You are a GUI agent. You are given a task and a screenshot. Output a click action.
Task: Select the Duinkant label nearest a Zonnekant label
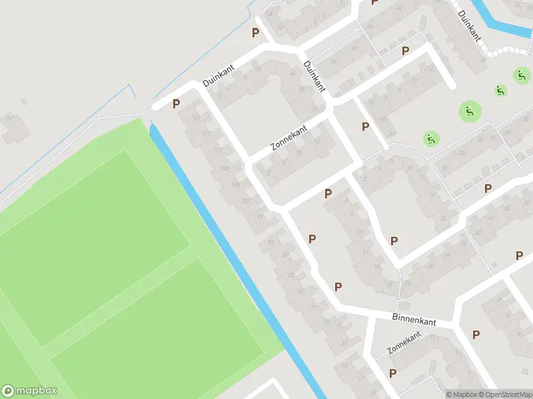click(314, 76)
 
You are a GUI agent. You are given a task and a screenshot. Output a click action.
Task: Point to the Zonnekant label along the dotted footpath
click(404, 344)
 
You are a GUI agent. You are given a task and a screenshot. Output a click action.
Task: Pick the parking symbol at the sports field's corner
click(177, 104)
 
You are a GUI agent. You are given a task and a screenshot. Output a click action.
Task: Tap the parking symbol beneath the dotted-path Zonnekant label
click(392, 373)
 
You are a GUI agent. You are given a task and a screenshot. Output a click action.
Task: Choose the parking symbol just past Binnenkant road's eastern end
click(475, 334)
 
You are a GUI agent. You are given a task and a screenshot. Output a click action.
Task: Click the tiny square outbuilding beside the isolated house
click(24, 102)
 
